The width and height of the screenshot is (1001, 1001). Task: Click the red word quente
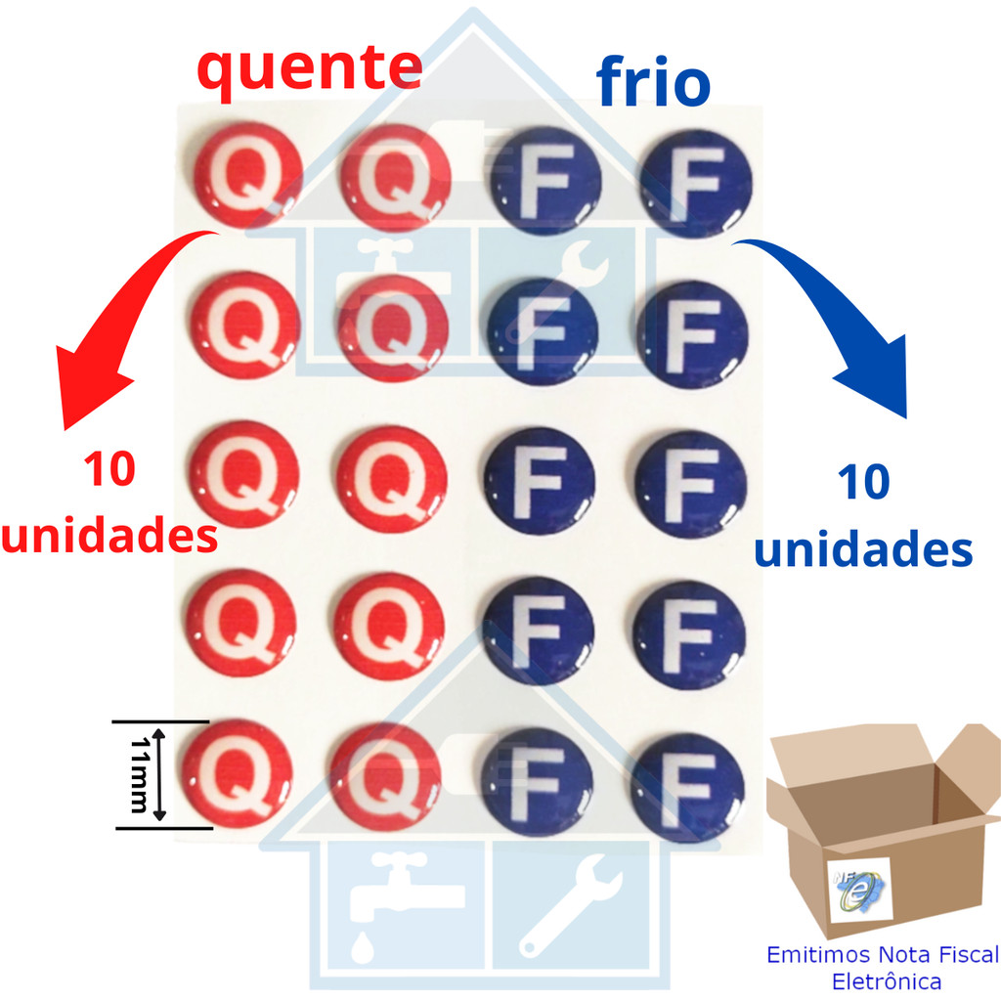310,70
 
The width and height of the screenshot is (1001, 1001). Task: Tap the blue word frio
653,82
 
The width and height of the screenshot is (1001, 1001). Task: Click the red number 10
109,469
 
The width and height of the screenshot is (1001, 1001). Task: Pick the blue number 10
864,482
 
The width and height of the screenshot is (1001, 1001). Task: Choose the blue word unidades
863,548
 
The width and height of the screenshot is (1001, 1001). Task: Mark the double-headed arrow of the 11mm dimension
159,775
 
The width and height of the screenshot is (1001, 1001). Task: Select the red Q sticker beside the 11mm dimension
238,774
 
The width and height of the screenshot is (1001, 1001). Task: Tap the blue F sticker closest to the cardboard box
687,788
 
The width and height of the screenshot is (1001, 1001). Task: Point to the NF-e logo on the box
859,890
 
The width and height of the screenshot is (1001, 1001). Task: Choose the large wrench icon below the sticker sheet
570,906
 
